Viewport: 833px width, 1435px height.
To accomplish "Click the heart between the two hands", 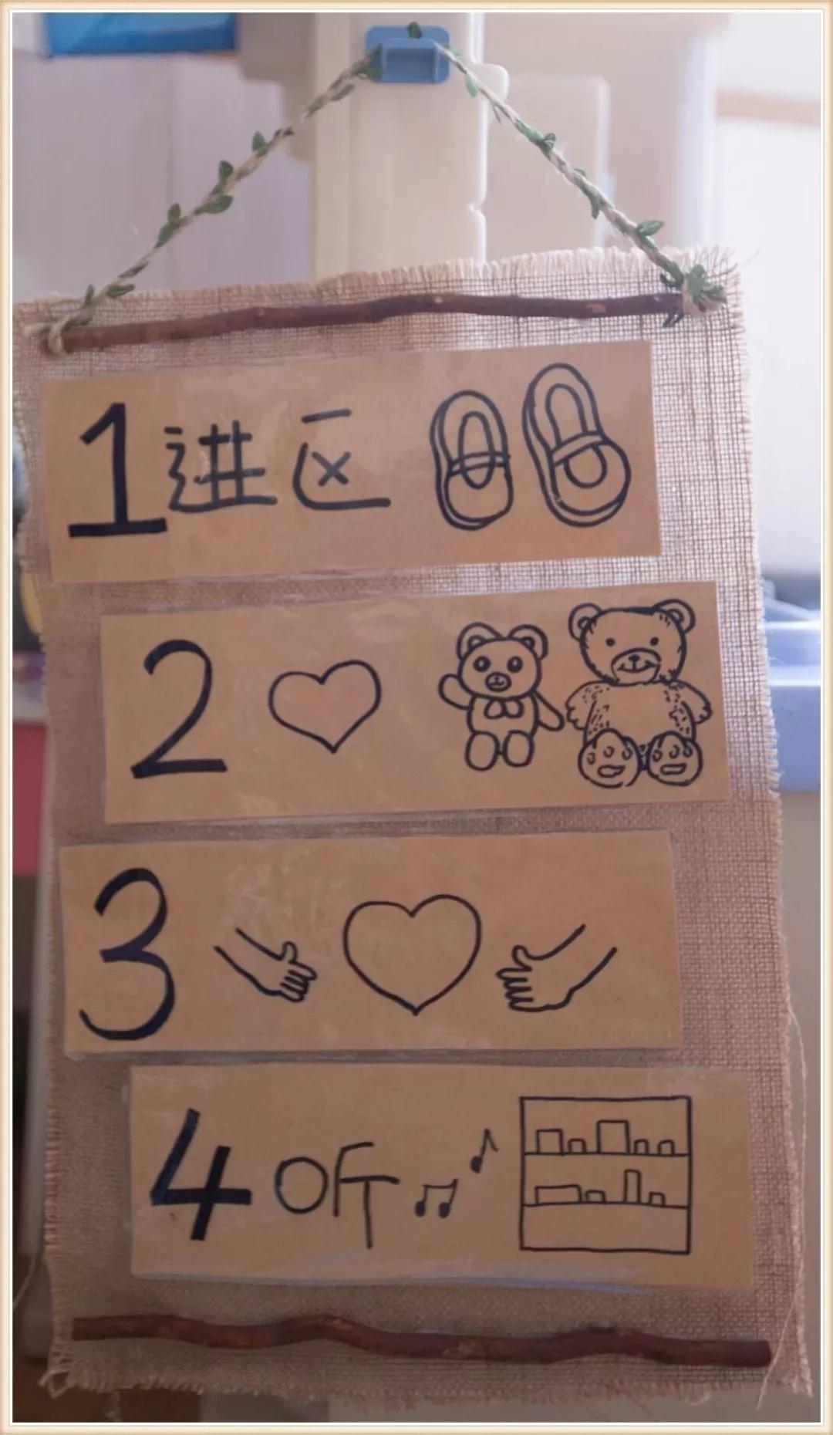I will pos(413,953).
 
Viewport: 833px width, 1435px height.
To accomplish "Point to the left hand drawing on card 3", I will pos(270,967).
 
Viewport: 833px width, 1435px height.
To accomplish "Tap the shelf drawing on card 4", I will pos(605,1173).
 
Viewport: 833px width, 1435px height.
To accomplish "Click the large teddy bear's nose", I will pos(632,660).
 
